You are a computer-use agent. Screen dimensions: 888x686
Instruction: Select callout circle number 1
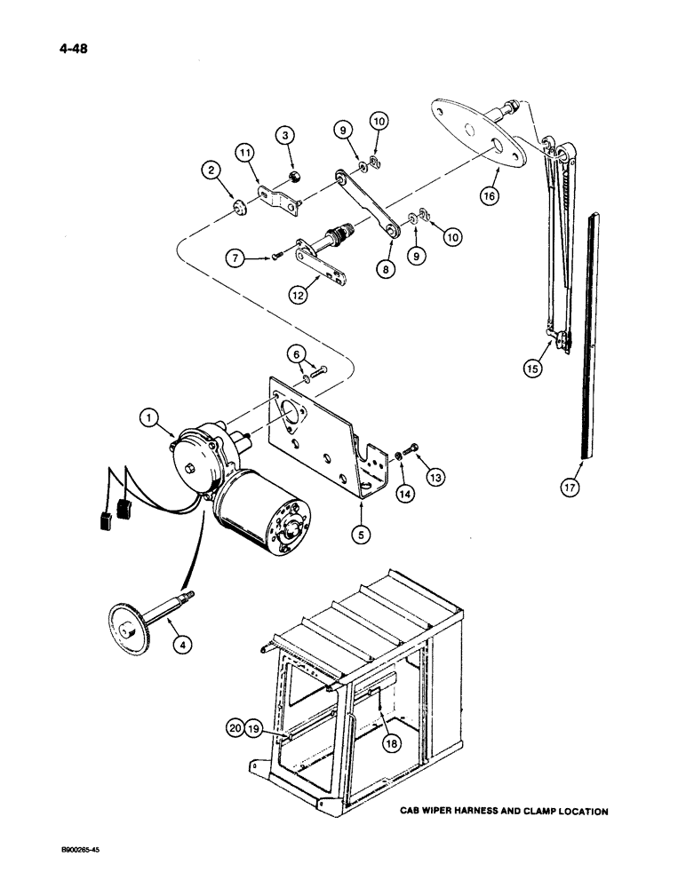click(x=149, y=415)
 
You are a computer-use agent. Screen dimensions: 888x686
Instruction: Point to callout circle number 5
click(x=362, y=535)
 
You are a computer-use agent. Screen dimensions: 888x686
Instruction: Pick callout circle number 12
click(x=299, y=294)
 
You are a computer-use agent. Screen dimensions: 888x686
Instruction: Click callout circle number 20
click(x=233, y=731)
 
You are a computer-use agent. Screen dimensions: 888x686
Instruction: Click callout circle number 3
click(x=283, y=136)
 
